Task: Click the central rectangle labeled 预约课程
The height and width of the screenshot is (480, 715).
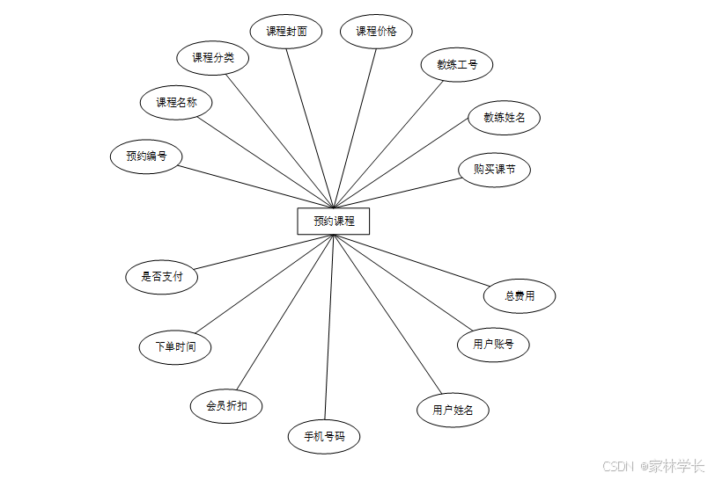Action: click(x=334, y=221)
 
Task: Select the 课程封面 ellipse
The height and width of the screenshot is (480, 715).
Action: click(x=287, y=32)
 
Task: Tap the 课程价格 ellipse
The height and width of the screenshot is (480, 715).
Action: click(x=376, y=32)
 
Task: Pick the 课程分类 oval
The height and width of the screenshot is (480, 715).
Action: click(x=213, y=59)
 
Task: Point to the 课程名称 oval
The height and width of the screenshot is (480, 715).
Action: click(x=176, y=102)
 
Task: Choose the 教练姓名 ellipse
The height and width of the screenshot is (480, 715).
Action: click(x=505, y=117)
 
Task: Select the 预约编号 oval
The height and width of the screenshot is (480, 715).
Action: click(x=146, y=156)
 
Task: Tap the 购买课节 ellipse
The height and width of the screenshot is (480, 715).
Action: click(x=495, y=170)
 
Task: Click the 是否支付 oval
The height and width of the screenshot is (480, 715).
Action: click(x=162, y=276)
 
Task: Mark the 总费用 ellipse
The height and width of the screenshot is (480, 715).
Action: click(x=520, y=296)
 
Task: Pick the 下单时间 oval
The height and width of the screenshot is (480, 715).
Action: click(x=175, y=346)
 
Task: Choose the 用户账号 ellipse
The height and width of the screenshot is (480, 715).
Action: click(x=493, y=344)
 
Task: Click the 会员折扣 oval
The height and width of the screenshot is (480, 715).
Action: click(x=226, y=406)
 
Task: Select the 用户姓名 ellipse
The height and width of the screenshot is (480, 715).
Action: click(x=453, y=410)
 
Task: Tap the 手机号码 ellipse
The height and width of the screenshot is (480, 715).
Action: click(x=324, y=436)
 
